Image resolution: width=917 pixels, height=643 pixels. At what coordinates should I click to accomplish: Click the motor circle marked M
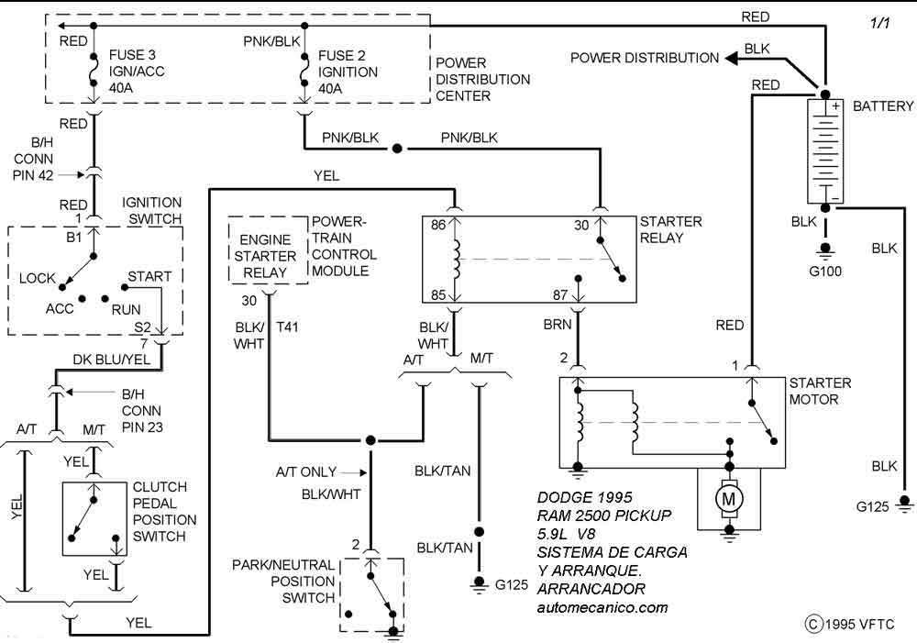pos(730,497)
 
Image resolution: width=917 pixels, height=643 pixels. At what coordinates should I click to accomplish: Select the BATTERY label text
pos(882,106)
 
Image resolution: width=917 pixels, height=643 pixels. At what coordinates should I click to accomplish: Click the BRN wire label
pos(558,326)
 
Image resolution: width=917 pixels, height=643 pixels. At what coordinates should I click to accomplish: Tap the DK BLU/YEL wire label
pos(111,360)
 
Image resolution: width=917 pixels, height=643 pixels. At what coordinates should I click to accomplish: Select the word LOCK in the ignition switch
pos(38,278)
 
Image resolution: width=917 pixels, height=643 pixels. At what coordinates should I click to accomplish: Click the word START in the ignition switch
pos(149,276)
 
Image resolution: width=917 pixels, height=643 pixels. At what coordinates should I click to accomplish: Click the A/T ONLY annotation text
pos(306,472)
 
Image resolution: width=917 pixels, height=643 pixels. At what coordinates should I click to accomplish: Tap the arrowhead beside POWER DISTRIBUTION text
pos(734,58)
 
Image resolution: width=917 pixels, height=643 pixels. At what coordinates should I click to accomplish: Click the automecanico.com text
pos(602,607)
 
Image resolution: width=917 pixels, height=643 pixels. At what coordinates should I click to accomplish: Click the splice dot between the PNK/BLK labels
pos(396,148)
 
